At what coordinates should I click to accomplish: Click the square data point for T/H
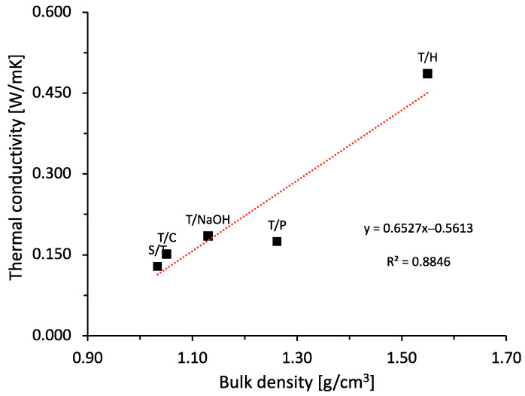coord(427,74)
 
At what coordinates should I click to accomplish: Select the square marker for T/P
coord(277,242)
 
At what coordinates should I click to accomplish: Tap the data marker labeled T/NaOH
coord(208,236)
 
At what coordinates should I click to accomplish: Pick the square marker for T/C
coord(167,254)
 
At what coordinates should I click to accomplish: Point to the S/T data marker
coord(157,267)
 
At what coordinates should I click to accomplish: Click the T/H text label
coord(427,56)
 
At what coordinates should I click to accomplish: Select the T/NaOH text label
coord(208,220)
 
